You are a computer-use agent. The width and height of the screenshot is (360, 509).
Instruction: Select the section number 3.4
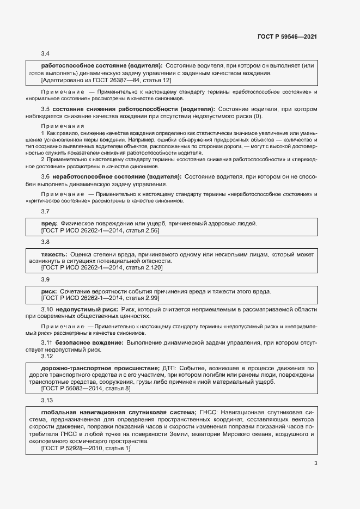tap(46, 54)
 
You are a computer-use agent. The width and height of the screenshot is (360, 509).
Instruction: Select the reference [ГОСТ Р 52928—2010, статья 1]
tap(86, 448)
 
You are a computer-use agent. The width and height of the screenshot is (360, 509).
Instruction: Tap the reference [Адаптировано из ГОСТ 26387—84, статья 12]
tap(106, 80)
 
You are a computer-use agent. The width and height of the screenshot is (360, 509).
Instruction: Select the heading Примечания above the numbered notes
tap(59, 125)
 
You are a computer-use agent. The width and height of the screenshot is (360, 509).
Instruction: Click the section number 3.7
tap(46, 211)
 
